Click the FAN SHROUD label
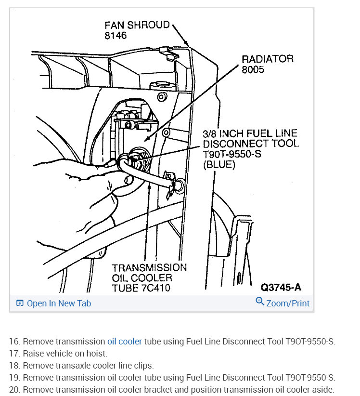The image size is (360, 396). tap(137, 25)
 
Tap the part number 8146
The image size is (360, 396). tap(116, 35)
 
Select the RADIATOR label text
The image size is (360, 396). tap(267, 59)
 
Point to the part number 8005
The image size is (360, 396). tap(253, 70)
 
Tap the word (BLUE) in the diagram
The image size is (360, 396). tap(219, 165)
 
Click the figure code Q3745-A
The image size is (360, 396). tap(281, 288)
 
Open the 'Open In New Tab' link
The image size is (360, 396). tap(59, 304)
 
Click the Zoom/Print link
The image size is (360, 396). tap(288, 304)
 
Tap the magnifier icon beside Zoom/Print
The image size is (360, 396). tap(260, 302)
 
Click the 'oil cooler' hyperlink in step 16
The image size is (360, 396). tap(125, 342)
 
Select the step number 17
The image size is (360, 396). tap(14, 354)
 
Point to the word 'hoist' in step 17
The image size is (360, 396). tap(96, 354)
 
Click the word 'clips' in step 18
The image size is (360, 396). tap(144, 366)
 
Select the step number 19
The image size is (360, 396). tap(14, 378)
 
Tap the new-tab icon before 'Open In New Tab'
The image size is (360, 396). tap(20, 304)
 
